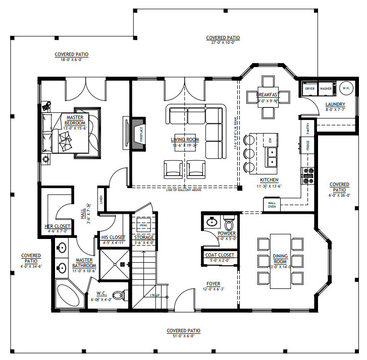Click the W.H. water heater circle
pyautogui.click(x=346, y=88)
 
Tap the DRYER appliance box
pyautogui.click(x=310, y=88)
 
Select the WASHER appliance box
pyautogui.click(x=326, y=88)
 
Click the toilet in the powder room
pyautogui.click(x=229, y=222)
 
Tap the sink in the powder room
pyautogui.click(x=212, y=221)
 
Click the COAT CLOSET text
pyautogui.click(x=220, y=255)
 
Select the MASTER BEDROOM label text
pyautogui.click(x=75, y=120)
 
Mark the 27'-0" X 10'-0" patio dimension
pyautogui.click(x=223, y=42)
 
